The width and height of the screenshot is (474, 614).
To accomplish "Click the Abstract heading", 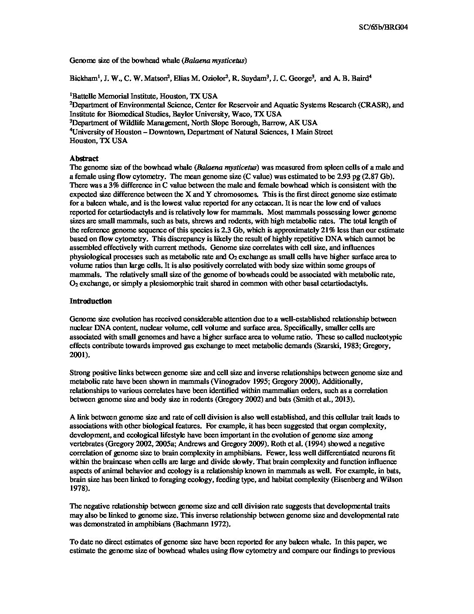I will pos(84,159).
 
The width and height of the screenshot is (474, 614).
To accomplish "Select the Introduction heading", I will pos(91,301).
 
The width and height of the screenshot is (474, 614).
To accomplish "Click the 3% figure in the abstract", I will pos(113,185).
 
